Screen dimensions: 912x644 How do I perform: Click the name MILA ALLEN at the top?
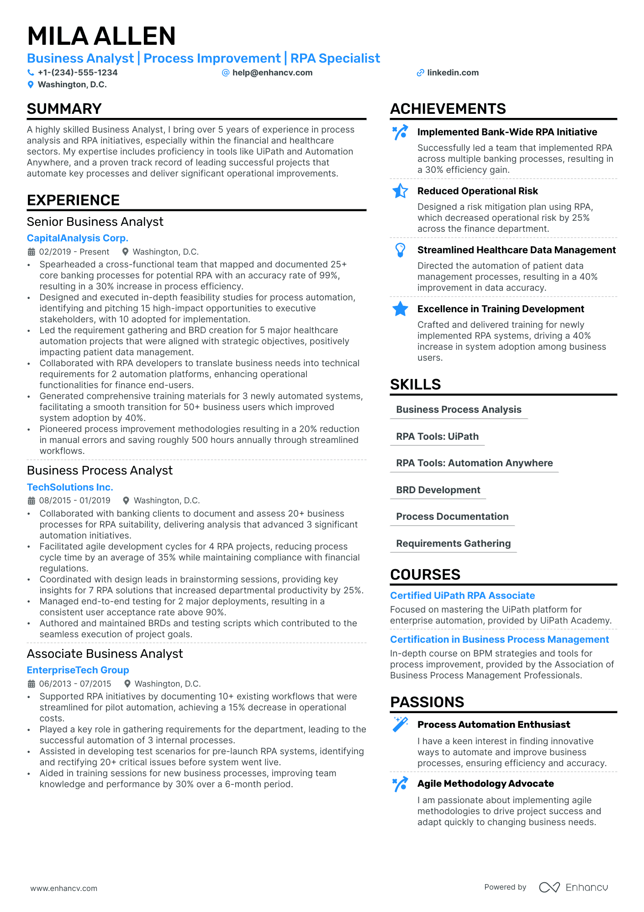click(x=101, y=36)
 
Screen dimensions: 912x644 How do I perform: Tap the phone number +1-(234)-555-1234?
click(x=77, y=73)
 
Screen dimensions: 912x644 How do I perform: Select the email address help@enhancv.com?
click(x=272, y=73)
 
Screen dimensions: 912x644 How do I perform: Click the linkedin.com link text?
click(x=453, y=73)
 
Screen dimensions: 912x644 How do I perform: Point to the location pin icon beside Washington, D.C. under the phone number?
click(x=31, y=85)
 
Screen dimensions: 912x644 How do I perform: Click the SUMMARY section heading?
click(x=64, y=109)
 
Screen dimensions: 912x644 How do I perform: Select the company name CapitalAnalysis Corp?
click(x=77, y=238)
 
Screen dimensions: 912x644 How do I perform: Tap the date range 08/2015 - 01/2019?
click(x=74, y=501)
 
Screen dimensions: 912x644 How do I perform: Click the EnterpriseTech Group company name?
click(x=78, y=670)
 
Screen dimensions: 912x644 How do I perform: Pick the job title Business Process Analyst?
click(x=100, y=470)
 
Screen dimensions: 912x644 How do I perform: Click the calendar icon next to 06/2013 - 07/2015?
click(x=32, y=684)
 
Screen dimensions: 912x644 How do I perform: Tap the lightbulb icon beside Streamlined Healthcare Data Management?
click(x=400, y=250)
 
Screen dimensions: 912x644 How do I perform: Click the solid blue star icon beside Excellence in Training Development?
click(x=400, y=309)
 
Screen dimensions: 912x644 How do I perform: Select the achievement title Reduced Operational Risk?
click(x=477, y=191)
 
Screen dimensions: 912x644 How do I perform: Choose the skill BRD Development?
click(x=438, y=490)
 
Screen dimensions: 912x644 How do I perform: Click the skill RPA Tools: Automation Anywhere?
click(x=474, y=463)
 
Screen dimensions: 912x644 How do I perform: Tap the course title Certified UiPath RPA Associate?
click(x=462, y=596)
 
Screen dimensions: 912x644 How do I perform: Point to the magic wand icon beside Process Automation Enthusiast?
click(x=400, y=725)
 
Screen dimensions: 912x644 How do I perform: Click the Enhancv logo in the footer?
click(x=573, y=887)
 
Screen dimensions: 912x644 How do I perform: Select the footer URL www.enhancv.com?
click(x=63, y=888)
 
